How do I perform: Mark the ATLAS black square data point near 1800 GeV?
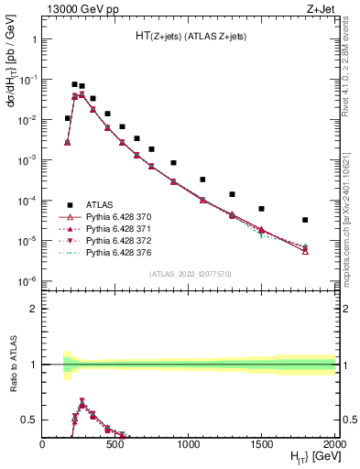305,220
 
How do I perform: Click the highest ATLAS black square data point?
74,84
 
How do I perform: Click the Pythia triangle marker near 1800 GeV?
305,250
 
